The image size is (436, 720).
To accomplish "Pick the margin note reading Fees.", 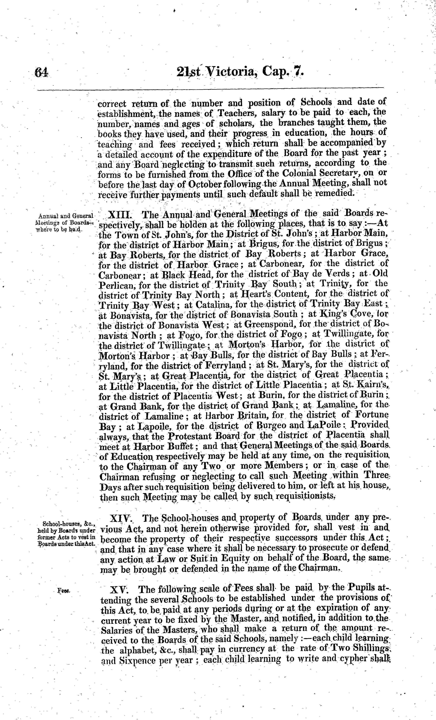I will [x=64, y=591].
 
